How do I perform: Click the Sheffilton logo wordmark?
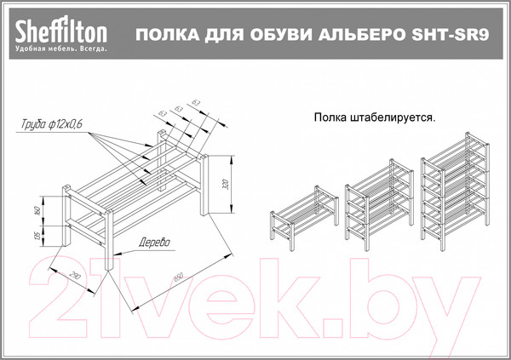pos(59,31)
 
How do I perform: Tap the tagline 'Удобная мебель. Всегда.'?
pos(60,49)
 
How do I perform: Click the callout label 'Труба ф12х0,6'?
pos(52,125)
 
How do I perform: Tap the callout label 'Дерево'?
pos(153,243)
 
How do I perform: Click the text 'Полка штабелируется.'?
pos(374,118)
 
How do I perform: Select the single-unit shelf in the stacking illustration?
pos(301,216)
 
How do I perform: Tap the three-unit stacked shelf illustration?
pos(456,191)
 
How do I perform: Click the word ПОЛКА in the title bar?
pos(159,36)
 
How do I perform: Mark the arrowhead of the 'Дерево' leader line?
pos(113,253)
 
